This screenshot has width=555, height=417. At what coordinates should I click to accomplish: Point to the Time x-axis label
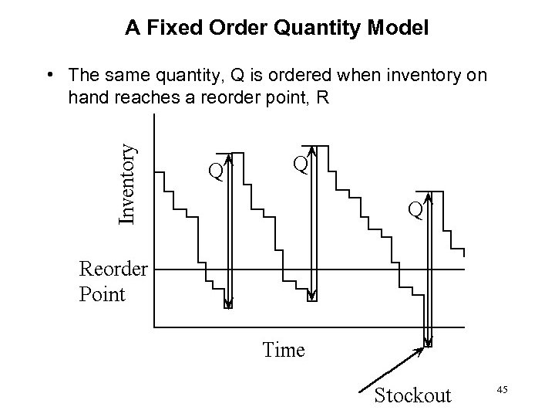[x=283, y=350]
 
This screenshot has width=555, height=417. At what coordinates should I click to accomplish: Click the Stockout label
[x=412, y=395]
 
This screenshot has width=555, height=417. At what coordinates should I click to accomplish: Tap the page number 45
[x=502, y=391]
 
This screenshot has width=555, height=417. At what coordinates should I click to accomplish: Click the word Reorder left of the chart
[x=113, y=269]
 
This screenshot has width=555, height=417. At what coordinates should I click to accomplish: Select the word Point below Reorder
[x=102, y=294]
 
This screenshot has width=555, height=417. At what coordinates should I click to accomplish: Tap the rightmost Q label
[x=416, y=209]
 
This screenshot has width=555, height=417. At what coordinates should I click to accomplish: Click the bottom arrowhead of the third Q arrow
[x=428, y=341]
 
